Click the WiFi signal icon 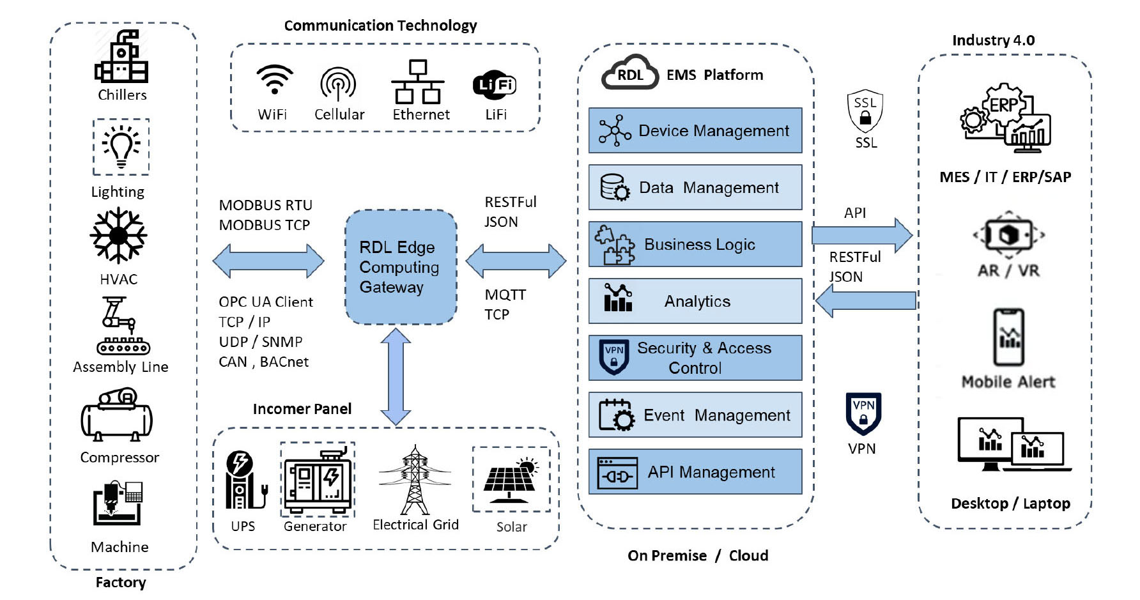(275, 80)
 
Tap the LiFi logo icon (494, 84)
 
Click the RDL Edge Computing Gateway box (401, 267)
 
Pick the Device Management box (695, 130)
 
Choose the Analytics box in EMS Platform (695, 301)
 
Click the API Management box (695, 472)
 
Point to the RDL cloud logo (629, 73)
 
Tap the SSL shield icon (865, 110)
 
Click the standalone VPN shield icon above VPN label (863, 413)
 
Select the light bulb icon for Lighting (121, 147)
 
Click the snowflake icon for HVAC (118, 236)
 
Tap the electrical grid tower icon (415, 481)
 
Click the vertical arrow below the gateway (396, 376)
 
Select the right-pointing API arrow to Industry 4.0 (861, 235)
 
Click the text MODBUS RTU (265, 205)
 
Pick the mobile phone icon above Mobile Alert (1008, 337)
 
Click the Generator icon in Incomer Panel (317, 479)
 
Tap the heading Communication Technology (380, 26)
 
